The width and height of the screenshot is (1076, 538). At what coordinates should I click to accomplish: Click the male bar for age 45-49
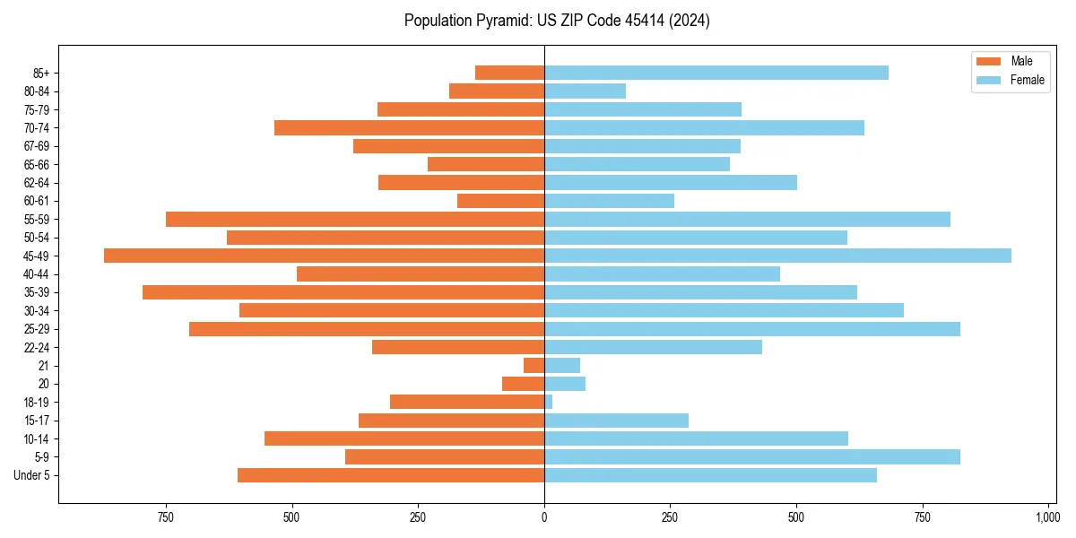click(x=324, y=256)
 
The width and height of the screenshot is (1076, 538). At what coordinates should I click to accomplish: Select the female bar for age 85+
click(x=716, y=73)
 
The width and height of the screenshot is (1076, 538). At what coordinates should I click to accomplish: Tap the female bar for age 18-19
click(x=549, y=402)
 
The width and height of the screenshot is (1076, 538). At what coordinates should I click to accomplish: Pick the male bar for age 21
click(x=534, y=365)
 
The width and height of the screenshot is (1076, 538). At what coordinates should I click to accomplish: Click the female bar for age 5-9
click(x=751, y=456)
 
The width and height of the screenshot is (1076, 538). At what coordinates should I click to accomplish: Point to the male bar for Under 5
click(x=391, y=475)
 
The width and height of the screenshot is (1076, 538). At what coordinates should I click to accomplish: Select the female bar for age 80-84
click(x=585, y=91)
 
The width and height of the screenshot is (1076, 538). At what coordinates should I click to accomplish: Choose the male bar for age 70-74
click(x=409, y=127)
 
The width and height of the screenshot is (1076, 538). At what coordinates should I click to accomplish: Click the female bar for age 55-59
click(x=747, y=219)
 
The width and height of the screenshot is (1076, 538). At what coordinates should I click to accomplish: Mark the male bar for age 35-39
click(x=343, y=292)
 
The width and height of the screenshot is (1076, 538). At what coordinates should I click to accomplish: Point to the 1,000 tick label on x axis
click(x=1047, y=517)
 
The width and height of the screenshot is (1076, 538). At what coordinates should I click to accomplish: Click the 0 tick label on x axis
click(x=544, y=517)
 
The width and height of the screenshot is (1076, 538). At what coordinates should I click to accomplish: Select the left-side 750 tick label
click(x=166, y=517)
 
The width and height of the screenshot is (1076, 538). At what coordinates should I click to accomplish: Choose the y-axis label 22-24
click(x=42, y=347)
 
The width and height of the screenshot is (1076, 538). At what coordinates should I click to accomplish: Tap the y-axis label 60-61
click(x=42, y=201)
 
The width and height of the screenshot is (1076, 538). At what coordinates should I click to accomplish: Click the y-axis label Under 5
click(x=38, y=475)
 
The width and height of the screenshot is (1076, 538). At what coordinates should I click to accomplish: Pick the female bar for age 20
click(x=565, y=384)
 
